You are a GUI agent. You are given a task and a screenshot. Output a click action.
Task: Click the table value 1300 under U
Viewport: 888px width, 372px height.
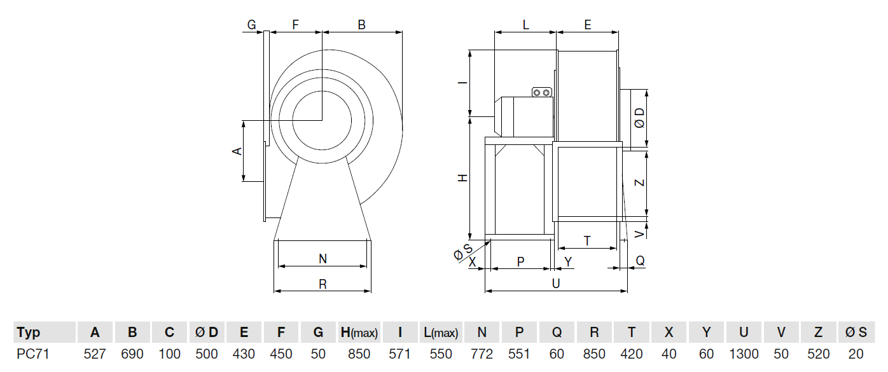744,354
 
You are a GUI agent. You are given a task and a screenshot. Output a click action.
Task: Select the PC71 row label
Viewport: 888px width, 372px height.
33,354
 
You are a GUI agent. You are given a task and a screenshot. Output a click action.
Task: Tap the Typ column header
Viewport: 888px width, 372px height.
29,333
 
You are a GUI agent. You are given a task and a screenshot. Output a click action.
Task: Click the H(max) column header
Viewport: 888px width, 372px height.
359,333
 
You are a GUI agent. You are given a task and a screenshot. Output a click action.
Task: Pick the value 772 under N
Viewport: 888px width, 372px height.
482,354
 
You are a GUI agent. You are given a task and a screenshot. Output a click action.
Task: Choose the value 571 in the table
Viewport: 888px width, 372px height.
399,354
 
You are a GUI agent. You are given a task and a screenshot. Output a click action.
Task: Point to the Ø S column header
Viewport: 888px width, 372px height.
856,333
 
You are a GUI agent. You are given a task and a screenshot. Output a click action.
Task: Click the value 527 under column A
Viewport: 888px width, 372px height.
95,354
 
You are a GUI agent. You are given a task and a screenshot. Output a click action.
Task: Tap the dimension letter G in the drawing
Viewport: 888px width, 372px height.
251,25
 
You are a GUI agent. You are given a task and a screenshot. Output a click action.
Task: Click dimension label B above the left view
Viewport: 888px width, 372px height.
361,25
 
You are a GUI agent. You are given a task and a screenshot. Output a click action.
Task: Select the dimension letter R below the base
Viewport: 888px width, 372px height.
323,284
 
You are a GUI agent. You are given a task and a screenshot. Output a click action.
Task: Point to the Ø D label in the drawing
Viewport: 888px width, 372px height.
639,118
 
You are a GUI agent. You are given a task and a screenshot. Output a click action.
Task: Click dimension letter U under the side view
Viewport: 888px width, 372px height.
555,284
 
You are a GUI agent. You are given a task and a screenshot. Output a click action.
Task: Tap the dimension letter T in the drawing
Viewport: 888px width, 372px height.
586,241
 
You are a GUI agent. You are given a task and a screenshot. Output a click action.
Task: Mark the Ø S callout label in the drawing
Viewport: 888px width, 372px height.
462,252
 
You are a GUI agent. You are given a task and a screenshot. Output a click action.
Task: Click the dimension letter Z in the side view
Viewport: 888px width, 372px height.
640,183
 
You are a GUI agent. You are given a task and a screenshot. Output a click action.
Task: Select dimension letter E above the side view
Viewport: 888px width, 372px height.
587,25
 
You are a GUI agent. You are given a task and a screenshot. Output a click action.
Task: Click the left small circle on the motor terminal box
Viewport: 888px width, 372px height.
538,93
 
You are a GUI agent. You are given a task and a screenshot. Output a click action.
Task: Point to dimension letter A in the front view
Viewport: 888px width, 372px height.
237,151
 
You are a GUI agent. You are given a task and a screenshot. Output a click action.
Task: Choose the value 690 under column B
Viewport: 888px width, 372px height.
132,354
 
